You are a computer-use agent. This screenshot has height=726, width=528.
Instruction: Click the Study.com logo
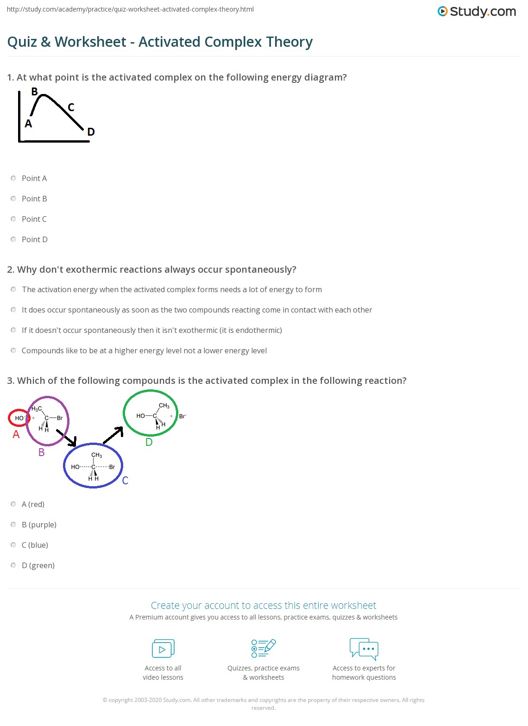coord(477,12)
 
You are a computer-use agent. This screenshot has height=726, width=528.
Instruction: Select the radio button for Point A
coord(13,178)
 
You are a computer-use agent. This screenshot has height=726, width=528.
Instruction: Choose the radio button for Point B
coord(13,199)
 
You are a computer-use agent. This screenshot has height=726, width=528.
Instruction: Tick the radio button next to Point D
coord(13,239)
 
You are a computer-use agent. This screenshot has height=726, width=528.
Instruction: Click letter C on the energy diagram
coord(71,107)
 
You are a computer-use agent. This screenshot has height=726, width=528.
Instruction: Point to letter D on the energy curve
coord(91,132)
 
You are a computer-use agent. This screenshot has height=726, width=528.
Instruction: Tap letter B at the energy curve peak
coord(34,92)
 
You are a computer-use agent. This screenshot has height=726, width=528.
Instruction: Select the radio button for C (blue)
coord(13,545)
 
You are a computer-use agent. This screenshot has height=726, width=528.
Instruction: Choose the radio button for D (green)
coord(13,565)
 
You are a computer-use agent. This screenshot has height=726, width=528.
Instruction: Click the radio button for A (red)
coord(13,504)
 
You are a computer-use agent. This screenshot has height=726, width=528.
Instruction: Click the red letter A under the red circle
coord(16,434)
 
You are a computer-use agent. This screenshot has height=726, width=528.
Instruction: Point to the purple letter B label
coord(41,452)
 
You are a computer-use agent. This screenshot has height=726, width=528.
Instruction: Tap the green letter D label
coord(149,442)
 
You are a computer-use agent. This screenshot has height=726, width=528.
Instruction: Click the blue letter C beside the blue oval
coord(125,481)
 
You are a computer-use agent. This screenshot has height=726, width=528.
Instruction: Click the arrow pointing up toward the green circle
coord(113,435)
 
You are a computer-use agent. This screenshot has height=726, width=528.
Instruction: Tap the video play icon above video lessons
coord(163,649)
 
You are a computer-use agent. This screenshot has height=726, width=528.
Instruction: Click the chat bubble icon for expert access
coord(364,649)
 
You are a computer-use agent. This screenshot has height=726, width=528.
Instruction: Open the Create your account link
coord(264,606)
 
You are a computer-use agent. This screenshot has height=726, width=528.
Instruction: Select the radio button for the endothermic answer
coord(13,330)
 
